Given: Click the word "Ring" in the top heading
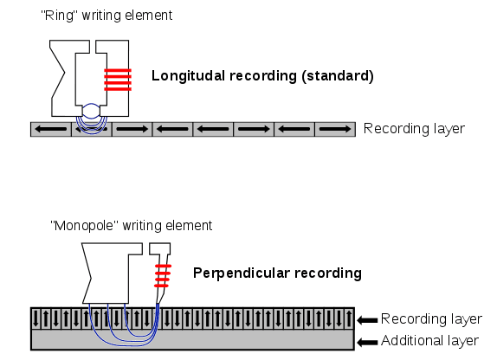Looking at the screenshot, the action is coord(59,16).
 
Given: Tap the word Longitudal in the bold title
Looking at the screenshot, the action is coord(188,76).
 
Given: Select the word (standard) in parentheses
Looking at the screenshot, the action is coord(338,76).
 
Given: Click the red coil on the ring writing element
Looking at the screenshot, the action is coord(118,80).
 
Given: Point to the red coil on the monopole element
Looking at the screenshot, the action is coord(163,276).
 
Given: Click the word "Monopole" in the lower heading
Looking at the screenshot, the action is coord(84,226).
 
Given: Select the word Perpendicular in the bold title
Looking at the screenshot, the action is coord(242,273).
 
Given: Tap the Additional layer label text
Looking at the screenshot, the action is coord(429,341).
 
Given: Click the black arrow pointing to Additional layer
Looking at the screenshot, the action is coord(368,342).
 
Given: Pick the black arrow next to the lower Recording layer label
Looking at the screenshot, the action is coord(368,320).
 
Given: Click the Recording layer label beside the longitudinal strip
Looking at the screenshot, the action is coord(414,129).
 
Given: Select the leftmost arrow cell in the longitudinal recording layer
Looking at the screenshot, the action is coord(51,129).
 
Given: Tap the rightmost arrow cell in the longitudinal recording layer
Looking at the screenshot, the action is coord(335,129).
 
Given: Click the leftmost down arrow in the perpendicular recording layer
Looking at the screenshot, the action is coord(35,318).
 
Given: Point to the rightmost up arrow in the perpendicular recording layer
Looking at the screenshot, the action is coord(349,318).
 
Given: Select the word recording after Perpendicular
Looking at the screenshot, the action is coord(328,273).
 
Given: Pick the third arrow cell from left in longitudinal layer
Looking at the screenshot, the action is coord(132,129).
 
